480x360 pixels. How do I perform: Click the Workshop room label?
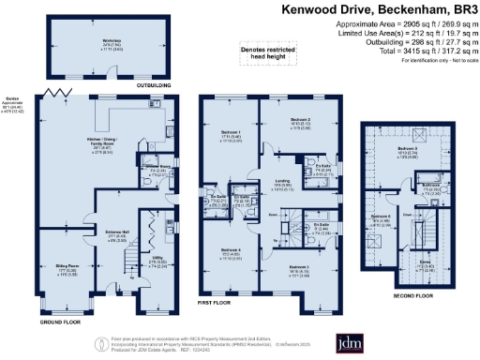pos(86,43)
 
